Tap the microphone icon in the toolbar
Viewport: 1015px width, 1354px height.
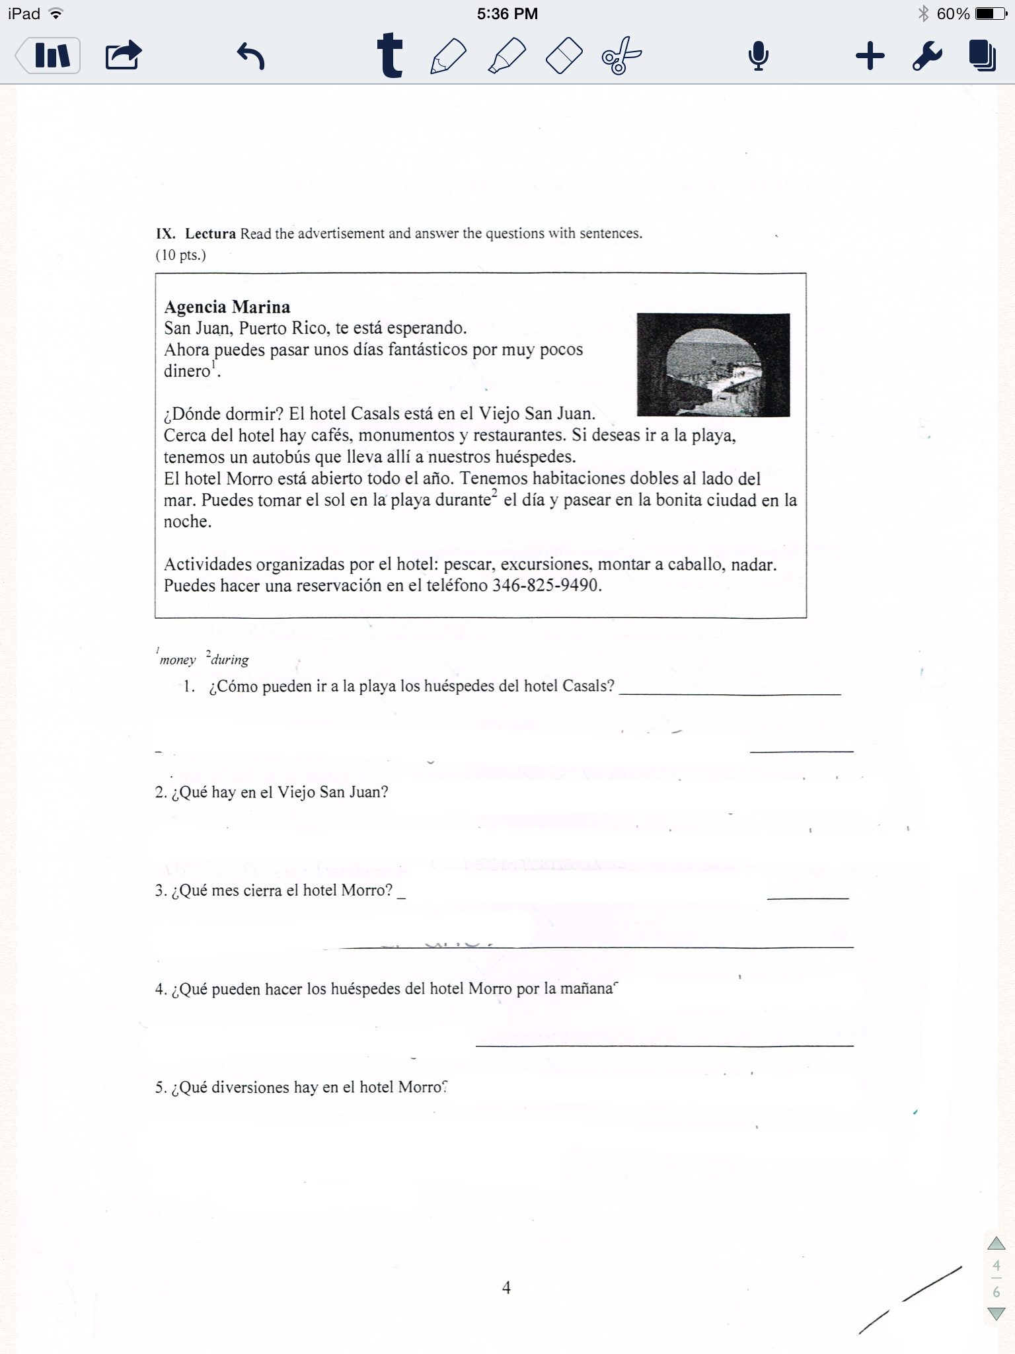(x=758, y=56)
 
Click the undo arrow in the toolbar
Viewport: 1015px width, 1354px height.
(x=250, y=56)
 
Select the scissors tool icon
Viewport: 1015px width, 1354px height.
(x=621, y=56)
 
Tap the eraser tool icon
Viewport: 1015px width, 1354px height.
(x=564, y=56)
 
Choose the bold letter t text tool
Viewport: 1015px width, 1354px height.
(x=390, y=56)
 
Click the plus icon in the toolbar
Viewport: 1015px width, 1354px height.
(x=870, y=56)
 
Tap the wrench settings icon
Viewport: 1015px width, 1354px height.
(x=926, y=56)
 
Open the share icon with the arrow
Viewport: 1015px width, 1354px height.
(x=124, y=56)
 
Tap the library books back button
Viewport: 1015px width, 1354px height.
(x=49, y=56)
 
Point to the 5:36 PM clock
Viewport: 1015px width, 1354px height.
(x=507, y=14)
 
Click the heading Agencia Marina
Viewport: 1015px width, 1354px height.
(x=227, y=307)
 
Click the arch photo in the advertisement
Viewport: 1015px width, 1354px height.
(x=713, y=365)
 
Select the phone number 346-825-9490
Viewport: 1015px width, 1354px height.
(x=546, y=586)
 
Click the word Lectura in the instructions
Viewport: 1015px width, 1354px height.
(x=210, y=233)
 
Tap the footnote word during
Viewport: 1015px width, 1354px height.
(x=229, y=660)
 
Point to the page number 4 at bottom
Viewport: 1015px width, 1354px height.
(x=506, y=1287)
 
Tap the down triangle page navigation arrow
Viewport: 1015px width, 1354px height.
(x=996, y=1314)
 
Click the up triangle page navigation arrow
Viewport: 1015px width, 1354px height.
(x=996, y=1244)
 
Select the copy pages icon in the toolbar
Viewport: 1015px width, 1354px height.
(x=983, y=56)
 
